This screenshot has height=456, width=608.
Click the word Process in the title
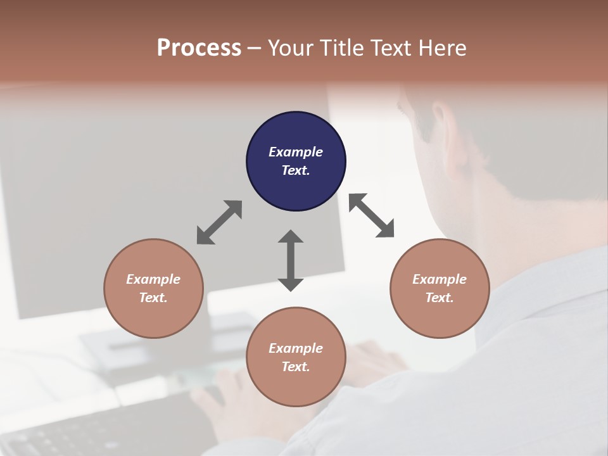coord(199,48)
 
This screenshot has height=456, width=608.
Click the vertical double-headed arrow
coord(291,260)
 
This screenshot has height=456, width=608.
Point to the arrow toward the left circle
coord(219,222)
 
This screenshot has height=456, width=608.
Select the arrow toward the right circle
coord(372,216)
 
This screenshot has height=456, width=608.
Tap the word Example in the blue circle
coord(296,152)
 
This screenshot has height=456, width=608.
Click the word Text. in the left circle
coord(153,298)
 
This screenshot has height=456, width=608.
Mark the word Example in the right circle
coord(440,279)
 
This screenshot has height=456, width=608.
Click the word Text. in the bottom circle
coord(296,367)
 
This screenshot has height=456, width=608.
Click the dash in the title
coord(254,48)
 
